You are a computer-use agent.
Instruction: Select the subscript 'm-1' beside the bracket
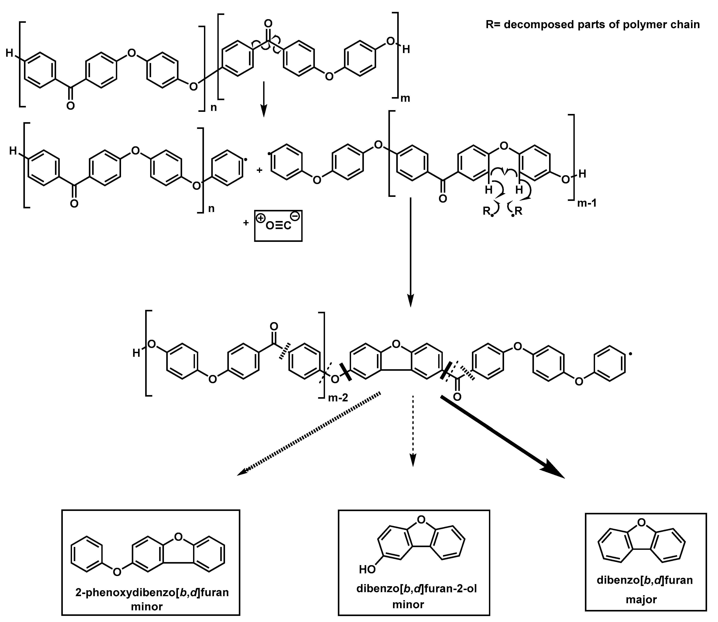587,203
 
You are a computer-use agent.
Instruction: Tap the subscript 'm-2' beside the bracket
338,398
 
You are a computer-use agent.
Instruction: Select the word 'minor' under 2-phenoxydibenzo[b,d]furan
147,607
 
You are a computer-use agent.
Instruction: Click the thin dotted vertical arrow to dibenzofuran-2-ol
413,430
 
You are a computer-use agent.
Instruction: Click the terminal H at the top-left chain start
10,53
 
